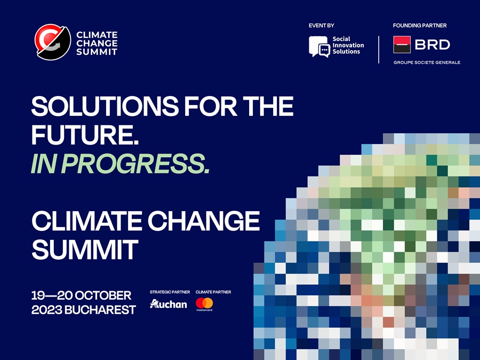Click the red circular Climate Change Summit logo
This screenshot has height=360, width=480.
pos(53,43)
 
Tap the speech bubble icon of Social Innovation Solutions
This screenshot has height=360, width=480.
pos(319,46)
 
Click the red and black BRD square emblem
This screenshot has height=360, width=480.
pos(402,45)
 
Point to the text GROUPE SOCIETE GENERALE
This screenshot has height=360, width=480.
pos(427,62)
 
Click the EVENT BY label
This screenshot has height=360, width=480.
pos(322,26)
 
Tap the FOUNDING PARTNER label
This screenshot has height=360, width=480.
pos(420,26)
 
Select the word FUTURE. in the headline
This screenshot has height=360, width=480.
pos(85,135)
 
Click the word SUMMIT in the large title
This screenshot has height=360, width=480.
pos(85,249)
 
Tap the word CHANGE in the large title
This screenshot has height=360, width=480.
pos(199,221)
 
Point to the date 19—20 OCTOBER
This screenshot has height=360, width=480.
pos(81,295)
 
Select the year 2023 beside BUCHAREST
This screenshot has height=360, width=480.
pos(46,310)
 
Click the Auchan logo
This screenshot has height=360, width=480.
pos(169,304)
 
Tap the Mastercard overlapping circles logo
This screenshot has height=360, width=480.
pos(204,303)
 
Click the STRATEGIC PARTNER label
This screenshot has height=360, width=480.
pos(170,292)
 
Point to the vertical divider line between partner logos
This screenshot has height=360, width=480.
pos(378,50)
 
